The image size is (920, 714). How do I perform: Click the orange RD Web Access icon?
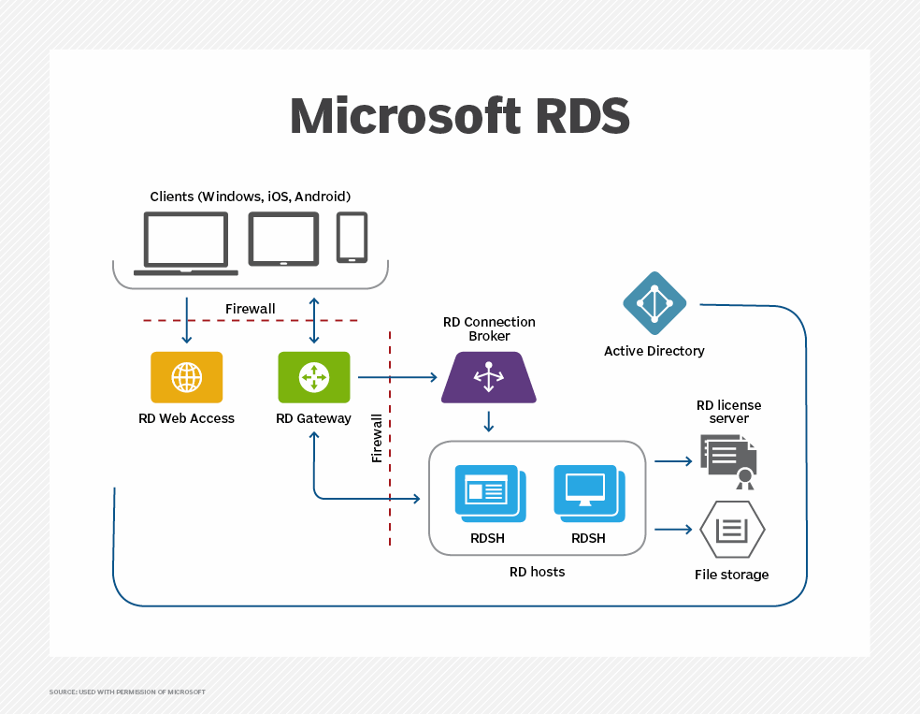point(187,377)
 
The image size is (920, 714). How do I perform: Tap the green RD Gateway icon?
point(314,377)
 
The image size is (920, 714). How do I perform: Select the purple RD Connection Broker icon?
point(488,377)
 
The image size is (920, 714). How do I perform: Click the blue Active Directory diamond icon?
point(654,303)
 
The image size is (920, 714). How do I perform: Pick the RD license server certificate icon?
point(728,461)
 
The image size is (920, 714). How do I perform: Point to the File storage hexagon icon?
point(732,530)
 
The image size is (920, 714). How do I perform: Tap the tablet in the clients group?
point(283,239)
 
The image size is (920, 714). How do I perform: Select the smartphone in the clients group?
point(352,237)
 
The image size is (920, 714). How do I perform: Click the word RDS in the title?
point(577,117)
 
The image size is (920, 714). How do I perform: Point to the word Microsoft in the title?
point(404,117)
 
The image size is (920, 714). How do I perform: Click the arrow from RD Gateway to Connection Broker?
point(397,377)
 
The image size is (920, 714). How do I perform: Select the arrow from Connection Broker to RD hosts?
point(488,420)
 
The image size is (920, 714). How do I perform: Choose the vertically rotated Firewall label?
point(377,439)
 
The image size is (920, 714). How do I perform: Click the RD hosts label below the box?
point(537,572)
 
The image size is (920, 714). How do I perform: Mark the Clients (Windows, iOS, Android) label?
point(251,197)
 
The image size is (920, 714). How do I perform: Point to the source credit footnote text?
point(127,692)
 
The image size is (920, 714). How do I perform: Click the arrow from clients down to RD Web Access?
point(187,321)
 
